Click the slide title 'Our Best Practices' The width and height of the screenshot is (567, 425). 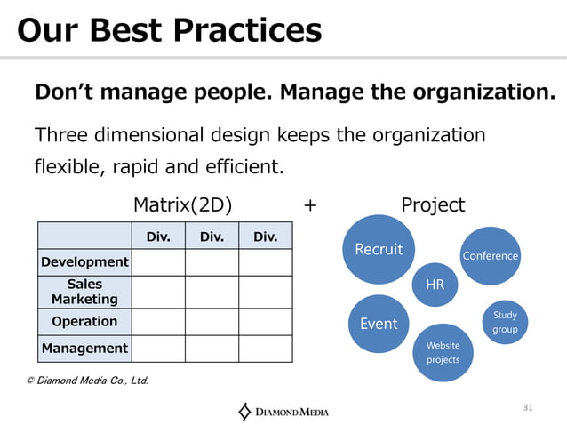[169, 30]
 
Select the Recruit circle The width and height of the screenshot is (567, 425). [379, 249]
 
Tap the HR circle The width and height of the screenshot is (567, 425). [435, 285]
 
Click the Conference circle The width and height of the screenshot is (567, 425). [490, 256]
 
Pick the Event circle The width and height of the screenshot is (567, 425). [379, 324]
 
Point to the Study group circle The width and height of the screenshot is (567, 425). [505, 322]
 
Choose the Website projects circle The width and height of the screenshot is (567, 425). [443, 352]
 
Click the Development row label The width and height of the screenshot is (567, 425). [84, 261]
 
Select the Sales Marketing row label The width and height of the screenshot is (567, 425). [84, 292]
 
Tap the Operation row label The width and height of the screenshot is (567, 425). [84, 321]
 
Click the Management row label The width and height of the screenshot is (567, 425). [84, 349]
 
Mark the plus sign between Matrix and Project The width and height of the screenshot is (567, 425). [309, 205]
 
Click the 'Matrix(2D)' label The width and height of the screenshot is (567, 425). [182, 205]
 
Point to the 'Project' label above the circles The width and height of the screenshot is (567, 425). [433, 205]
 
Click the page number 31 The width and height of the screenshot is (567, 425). [528, 407]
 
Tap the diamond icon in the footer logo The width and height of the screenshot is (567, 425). [245, 411]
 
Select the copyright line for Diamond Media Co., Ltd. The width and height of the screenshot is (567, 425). [87, 381]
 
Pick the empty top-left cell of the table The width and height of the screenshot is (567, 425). [84, 236]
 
